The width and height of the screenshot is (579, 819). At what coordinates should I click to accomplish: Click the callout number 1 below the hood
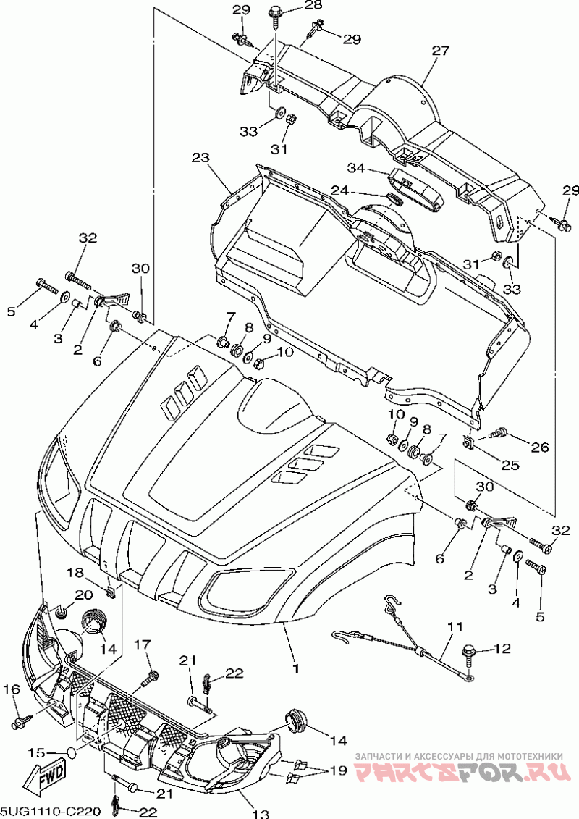pyautogui.click(x=295, y=668)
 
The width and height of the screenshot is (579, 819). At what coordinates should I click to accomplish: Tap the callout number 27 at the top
pyautogui.click(x=440, y=51)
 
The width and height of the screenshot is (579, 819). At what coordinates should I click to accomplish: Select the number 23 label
pyautogui.click(x=200, y=157)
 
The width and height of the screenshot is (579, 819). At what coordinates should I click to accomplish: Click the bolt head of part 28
pyautogui.click(x=274, y=11)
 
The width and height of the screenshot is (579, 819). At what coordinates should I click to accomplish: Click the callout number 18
pyautogui.click(x=75, y=573)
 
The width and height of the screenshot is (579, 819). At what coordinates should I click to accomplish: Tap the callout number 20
pyautogui.click(x=83, y=595)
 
